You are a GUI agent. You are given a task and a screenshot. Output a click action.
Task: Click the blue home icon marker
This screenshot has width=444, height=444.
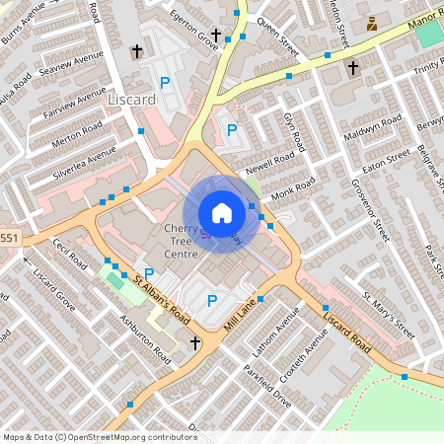[222, 213]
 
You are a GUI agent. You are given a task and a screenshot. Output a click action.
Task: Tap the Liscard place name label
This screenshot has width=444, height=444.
[132, 100]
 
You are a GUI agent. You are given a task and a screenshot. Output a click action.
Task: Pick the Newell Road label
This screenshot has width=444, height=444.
[272, 162]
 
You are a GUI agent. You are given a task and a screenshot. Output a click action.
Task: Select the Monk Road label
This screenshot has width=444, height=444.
[293, 190]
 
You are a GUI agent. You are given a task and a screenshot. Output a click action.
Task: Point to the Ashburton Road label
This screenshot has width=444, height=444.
[144, 340]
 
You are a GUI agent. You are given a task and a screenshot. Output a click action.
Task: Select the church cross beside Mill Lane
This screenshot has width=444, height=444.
[195, 343]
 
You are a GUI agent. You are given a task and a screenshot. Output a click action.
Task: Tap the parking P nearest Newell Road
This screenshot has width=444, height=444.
[232, 129]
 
